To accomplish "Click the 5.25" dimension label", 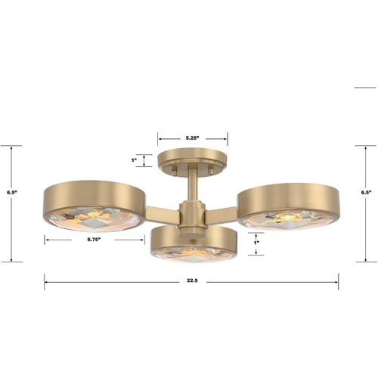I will click(192, 138).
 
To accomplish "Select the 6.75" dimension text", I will click(94, 240).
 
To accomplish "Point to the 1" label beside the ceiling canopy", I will click(134, 160).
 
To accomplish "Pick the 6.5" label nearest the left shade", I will click(11, 193).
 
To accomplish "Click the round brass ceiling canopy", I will click(192, 160).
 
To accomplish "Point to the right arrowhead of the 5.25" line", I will click(226, 138).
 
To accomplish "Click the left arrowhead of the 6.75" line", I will click(46, 240).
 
